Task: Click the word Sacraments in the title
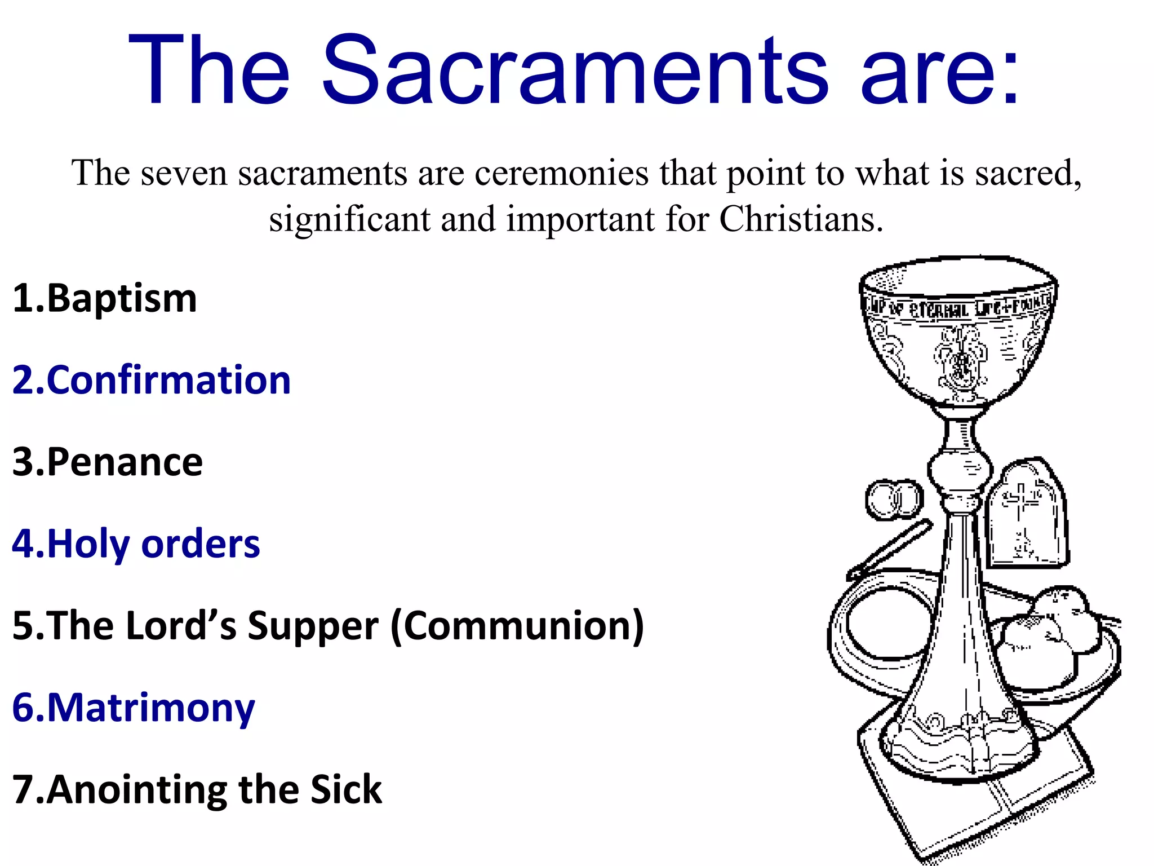575,70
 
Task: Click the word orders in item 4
201,544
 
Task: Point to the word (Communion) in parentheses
517,625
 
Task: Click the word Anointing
137,789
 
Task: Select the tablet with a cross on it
1027,513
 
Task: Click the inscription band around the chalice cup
958,307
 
